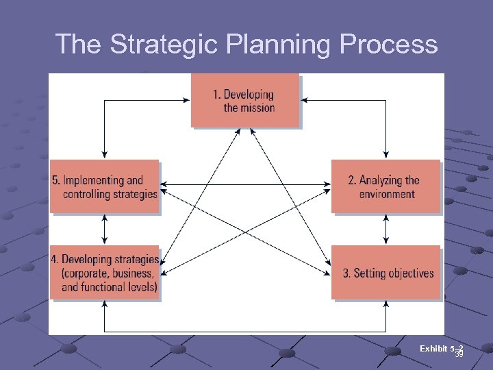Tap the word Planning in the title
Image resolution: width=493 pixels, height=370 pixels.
pyautogui.click(x=264, y=45)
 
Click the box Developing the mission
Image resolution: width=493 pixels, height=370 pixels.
pyautogui.click(x=246, y=101)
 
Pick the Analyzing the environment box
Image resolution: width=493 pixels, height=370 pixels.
pyautogui.click(x=385, y=186)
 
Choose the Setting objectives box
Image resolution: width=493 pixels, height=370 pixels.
pyautogui.click(x=385, y=273)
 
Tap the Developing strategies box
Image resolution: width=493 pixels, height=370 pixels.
pyautogui.click(x=105, y=273)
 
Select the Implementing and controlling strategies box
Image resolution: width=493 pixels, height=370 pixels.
pyautogui.click(x=105, y=186)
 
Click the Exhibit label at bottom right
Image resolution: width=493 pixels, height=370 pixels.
pyautogui.click(x=433, y=349)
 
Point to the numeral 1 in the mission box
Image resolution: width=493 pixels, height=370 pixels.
pyautogui.click(x=216, y=95)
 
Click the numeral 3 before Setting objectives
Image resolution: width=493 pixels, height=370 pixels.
pyautogui.click(x=346, y=273)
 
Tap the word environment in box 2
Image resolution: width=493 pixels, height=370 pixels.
pyautogui.click(x=387, y=194)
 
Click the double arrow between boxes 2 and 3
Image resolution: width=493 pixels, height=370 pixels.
pyautogui.click(x=386, y=230)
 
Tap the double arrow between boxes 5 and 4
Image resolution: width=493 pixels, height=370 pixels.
pyautogui.click(x=104, y=230)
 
